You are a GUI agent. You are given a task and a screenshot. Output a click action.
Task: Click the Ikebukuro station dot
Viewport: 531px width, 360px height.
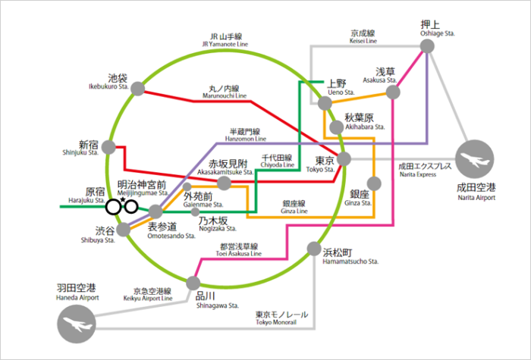[x=138, y=89]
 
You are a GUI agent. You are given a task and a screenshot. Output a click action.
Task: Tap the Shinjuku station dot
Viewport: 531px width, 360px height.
[x=112, y=148]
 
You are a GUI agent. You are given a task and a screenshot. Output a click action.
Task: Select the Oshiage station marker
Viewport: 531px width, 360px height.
[x=427, y=47]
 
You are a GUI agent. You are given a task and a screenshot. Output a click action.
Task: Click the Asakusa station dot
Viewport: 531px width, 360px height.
[x=393, y=92]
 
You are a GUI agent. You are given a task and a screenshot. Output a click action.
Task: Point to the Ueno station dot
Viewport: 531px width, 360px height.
[x=325, y=103]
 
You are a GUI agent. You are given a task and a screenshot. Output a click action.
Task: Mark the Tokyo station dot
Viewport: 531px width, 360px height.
[x=344, y=159]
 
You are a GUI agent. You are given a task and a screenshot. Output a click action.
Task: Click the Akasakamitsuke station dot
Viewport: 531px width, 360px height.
[x=224, y=183]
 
